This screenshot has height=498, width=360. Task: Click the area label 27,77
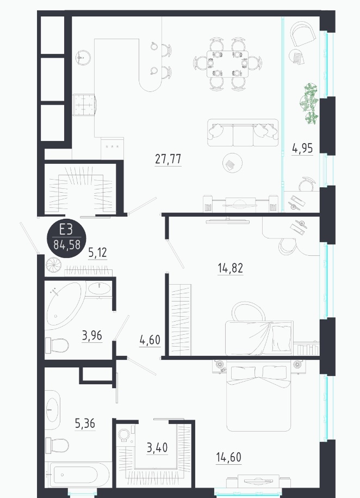[168, 159]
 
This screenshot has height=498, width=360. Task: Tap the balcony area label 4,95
[302, 149]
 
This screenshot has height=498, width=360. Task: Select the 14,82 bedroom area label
[231, 268]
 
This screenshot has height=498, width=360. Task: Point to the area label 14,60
[228, 457]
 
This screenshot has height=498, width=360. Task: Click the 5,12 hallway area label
[97, 253]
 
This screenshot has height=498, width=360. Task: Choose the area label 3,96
[92, 335]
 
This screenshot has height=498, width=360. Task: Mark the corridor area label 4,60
[150, 340]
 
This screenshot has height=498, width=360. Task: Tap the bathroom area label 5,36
[85, 423]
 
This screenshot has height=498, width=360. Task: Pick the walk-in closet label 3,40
[157, 447]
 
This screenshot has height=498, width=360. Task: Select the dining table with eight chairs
[228, 64]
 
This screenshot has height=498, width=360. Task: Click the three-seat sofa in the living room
[243, 132]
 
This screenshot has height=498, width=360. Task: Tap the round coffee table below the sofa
[232, 163]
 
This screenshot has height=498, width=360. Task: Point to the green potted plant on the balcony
[309, 104]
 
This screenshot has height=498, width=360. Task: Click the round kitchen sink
[83, 58]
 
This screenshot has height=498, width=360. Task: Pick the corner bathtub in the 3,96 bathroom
[66, 306]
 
